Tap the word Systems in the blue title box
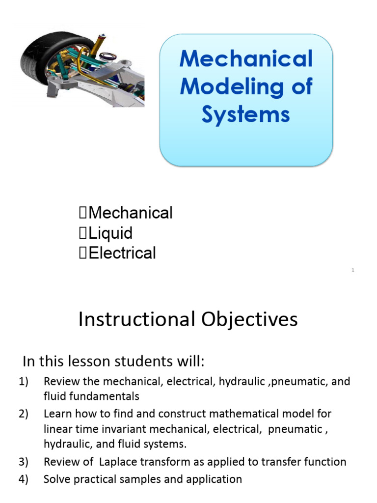pyautogui.click(x=246, y=115)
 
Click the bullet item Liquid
pyautogui.click(x=111, y=233)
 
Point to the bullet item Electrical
pyautogui.click(x=122, y=253)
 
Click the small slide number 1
pyautogui.click(x=353, y=271)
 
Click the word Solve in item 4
pyautogui.click(x=56, y=479)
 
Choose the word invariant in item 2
pyautogui.click(x=107, y=429)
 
